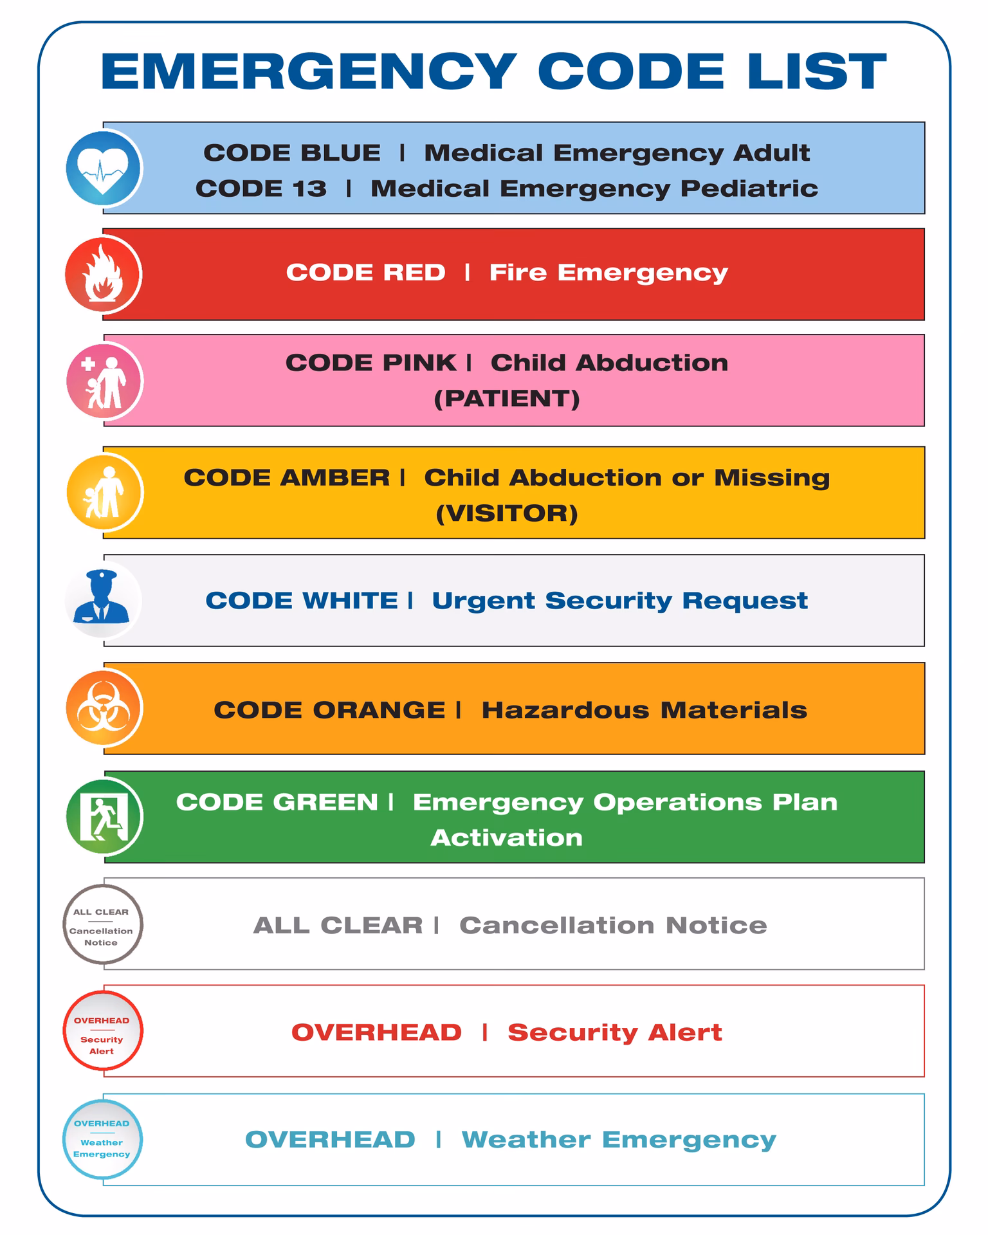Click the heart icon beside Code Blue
tap(103, 169)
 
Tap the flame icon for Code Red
tap(103, 275)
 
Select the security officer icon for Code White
tap(103, 599)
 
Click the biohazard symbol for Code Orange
tap(103, 708)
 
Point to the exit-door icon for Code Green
tap(103, 817)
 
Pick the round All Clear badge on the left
tap(102, 925)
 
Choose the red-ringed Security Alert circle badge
tap(102, 1031)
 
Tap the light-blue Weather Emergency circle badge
tap(102, 1139)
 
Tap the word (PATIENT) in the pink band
tap(507, 399)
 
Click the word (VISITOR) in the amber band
tap(507, 513)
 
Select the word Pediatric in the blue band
tap(749, 188)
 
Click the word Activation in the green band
tap(507, 837)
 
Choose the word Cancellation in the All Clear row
tap(556, 926)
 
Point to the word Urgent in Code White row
tap(484, 601)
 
